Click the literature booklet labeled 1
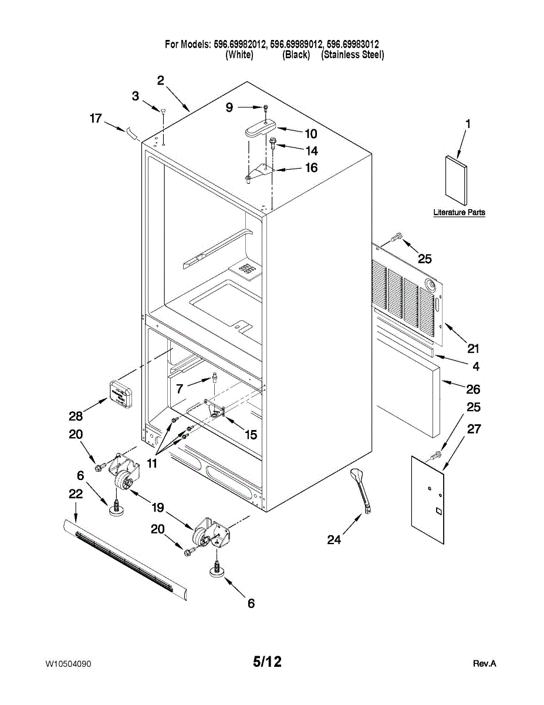pos(456,179)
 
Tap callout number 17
pos(96,119)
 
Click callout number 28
pos(75,416)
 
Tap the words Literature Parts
pos(459,213)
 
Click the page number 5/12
pos(268,662)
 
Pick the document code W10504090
pos(68,664)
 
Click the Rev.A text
pos(485,664)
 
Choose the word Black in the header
pos(296,55)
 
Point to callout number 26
pos(473,389)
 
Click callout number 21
pos(473,348)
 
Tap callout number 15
pos(251,435)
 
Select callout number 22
pos(76,495)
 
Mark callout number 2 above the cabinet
pos(161,80)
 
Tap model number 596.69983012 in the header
pos(352,44)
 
